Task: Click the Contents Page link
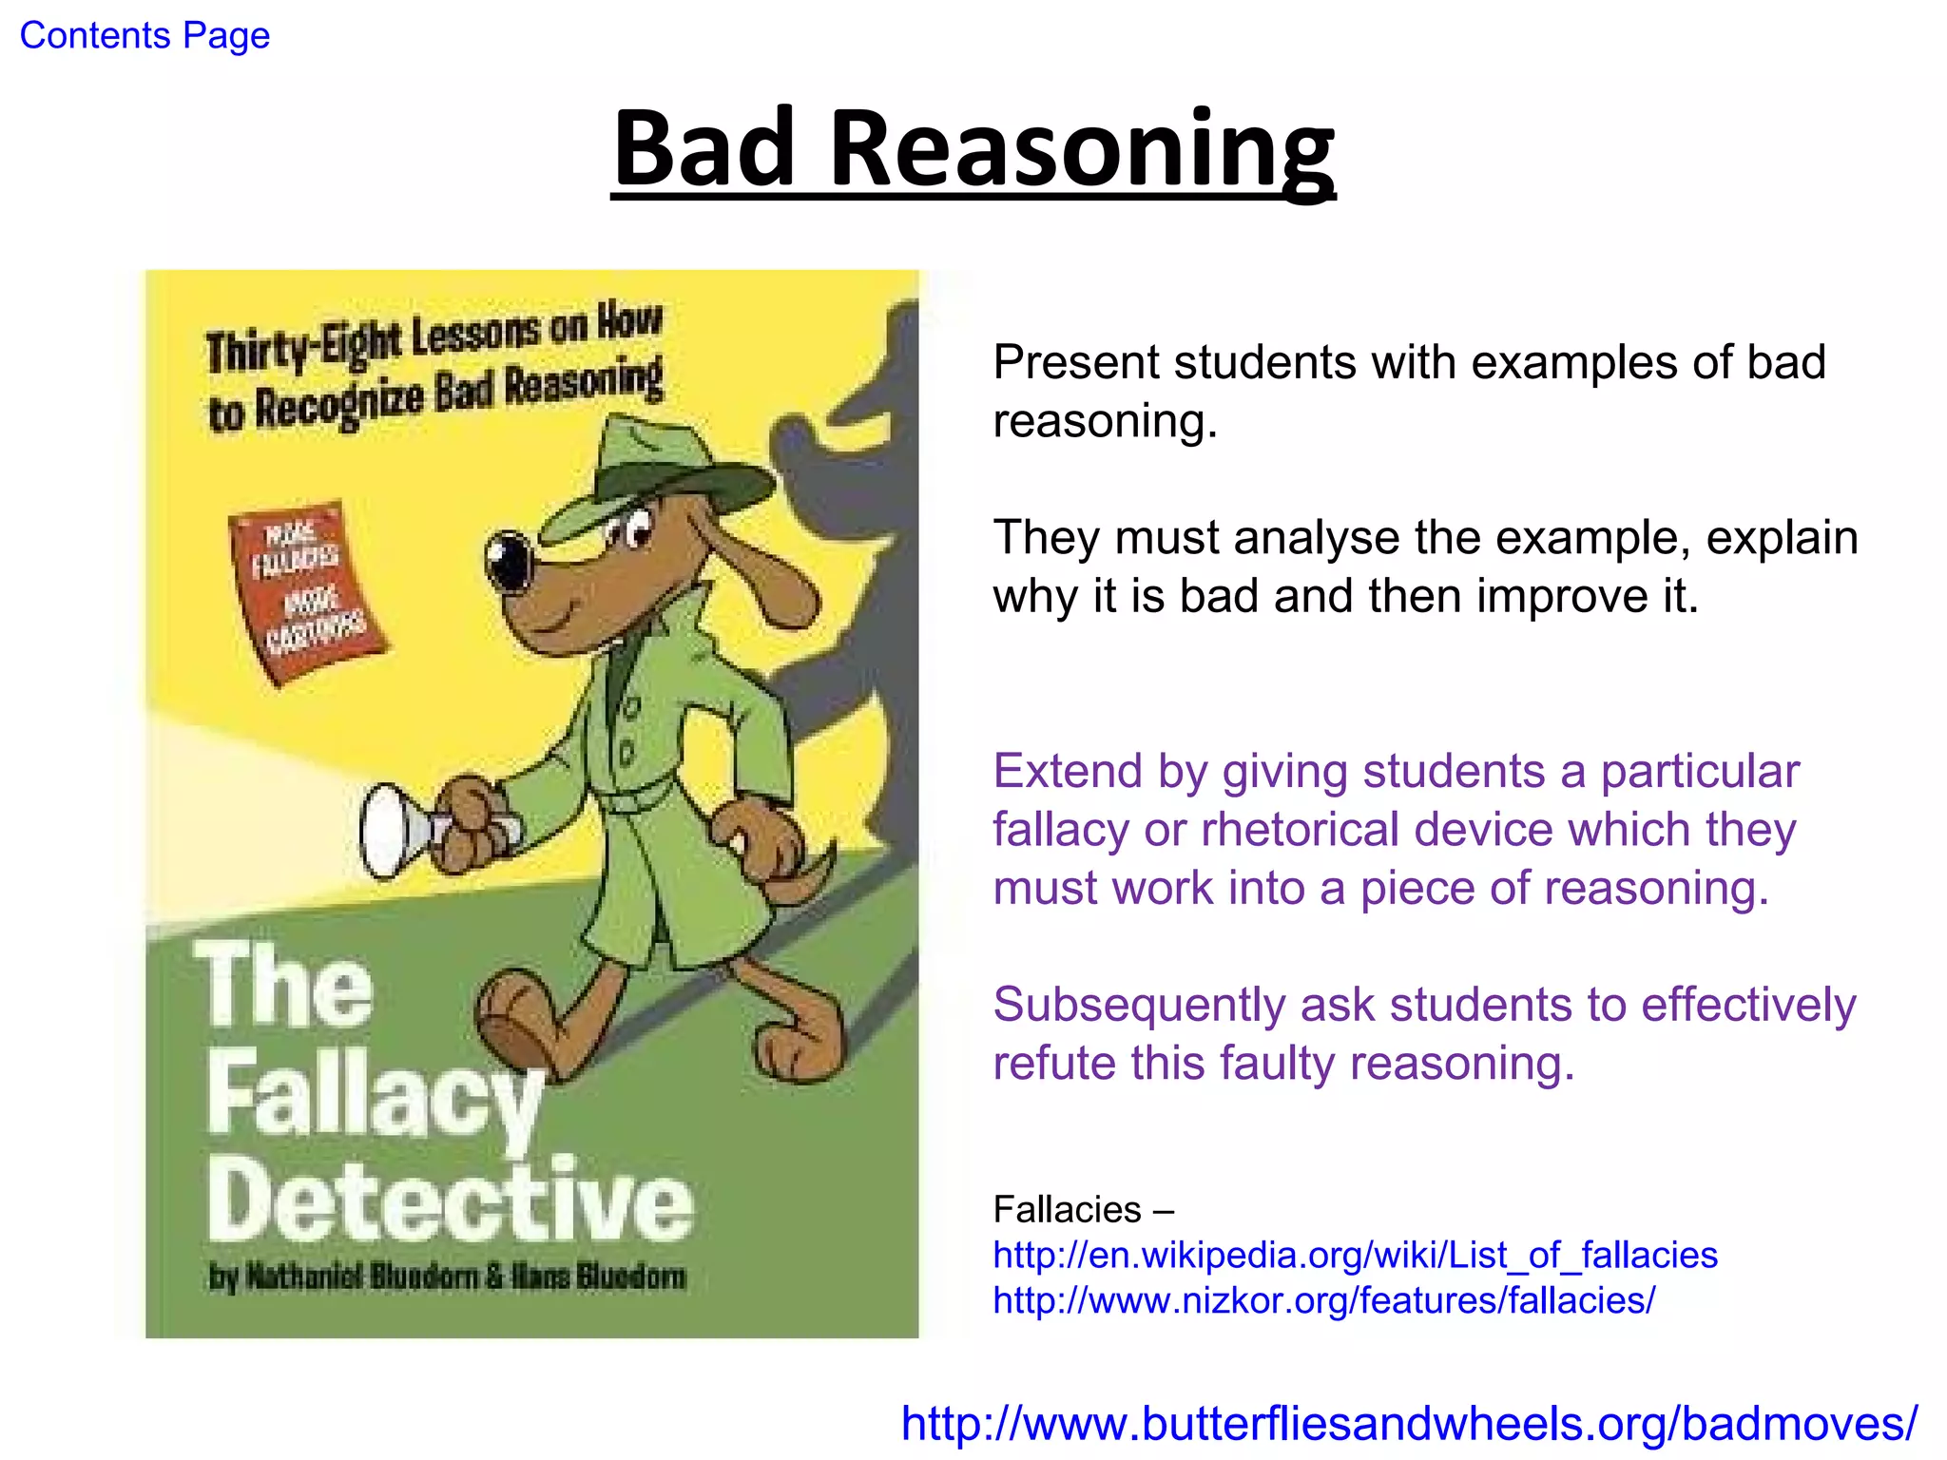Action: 145,36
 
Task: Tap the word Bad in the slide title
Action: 704,149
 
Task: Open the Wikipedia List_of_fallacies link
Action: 1355,1256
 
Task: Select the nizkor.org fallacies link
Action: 1323,1300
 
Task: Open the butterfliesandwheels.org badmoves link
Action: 1409,1424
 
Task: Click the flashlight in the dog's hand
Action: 399,830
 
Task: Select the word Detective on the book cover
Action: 450,1201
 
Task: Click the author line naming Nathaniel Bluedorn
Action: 447,1277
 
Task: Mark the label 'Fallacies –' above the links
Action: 1083,1210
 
